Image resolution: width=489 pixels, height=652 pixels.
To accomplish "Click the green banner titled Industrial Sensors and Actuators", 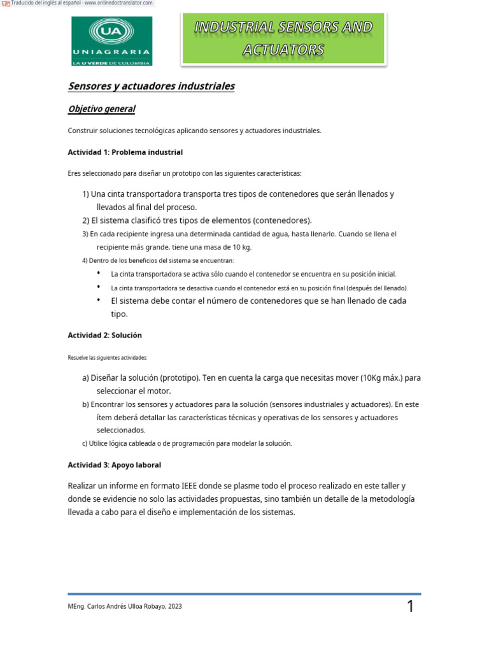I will point(283,39).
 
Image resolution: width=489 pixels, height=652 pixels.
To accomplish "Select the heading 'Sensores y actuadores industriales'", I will point(152,86).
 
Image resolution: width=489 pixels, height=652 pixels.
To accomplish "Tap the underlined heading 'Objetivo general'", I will point(101,109).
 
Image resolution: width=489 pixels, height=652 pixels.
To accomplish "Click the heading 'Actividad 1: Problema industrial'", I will point(125,152).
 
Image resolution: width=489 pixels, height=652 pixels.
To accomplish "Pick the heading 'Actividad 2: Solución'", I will point(104,335).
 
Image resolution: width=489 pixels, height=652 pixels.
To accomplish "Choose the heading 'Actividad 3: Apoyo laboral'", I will point(114,465).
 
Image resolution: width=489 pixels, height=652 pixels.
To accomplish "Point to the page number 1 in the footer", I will point(411,607).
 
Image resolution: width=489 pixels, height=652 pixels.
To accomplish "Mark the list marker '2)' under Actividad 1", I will point(85,220).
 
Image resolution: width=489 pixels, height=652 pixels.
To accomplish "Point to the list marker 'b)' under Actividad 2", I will point(85,404).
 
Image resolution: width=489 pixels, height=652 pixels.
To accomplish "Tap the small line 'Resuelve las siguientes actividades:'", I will point(107,358).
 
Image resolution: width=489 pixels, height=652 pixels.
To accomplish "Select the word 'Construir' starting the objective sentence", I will point(82,131).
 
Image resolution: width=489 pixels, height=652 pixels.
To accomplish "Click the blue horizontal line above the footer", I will point(244,593).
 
